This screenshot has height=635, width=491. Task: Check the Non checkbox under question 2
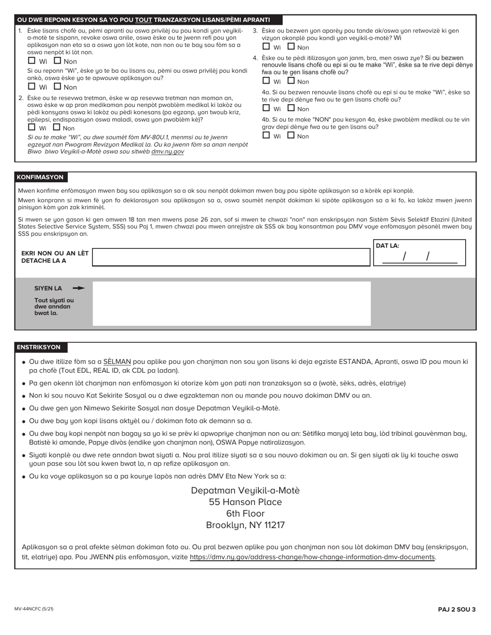pos(57,128)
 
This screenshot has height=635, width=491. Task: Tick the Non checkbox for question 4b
pos(291,135)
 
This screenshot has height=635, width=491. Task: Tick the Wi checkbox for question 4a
pos(266,108)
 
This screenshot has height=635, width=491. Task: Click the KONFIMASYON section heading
pos(40,177)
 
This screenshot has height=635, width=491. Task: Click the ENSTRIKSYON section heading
pos(39,347)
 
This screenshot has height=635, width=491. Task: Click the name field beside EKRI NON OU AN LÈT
pos(231,257)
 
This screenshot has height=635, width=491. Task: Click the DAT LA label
pos(388,246)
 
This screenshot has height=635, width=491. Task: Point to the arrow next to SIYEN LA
pos(79,288)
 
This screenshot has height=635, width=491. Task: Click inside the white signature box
pos(231,303)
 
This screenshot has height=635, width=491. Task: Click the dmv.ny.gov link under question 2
pos(167,152)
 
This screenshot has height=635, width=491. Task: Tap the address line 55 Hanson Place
pos(245,502)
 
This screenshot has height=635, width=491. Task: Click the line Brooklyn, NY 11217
pos(245,525)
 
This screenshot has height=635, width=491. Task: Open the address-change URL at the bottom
pos(312,557)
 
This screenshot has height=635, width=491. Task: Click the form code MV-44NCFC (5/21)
pos(34,609)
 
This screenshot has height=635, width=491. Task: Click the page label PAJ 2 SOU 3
pos(456,609)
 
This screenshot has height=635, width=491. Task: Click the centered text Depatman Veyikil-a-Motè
pos(245,490)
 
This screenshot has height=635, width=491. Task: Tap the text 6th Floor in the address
pos(245,513)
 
